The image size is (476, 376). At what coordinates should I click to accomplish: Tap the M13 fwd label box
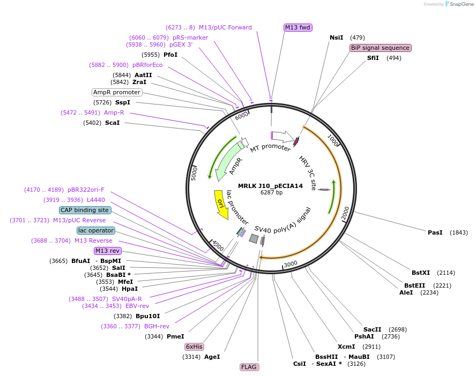297,27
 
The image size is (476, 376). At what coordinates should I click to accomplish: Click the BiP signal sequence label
380,48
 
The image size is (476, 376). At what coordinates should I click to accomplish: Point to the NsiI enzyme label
336,37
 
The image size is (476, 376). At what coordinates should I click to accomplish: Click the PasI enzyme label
435,232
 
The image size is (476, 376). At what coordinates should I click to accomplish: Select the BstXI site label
421,273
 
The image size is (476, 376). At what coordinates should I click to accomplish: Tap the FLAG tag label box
249,367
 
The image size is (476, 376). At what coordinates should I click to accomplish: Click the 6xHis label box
194,347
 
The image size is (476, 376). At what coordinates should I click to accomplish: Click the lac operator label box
95,230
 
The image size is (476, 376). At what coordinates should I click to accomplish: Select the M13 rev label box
107,251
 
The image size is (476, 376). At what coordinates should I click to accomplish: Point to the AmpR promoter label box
116,92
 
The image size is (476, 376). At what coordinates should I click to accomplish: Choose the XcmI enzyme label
346,347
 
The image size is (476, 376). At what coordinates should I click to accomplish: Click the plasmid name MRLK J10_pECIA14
271,186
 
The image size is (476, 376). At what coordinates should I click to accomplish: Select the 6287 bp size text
271,192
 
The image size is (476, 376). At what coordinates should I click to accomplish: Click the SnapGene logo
457,4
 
